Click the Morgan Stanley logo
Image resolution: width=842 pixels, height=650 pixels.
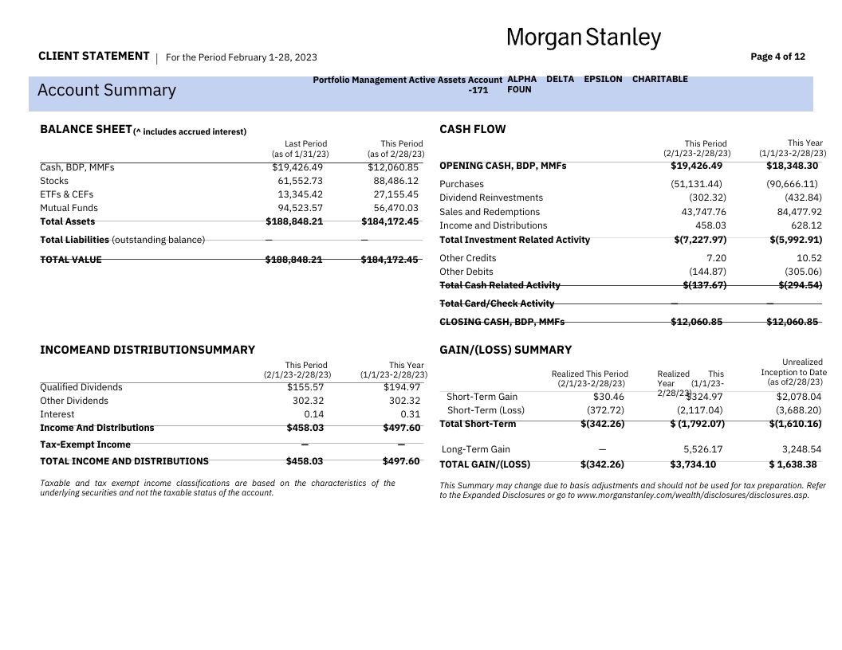[x=584, y=37]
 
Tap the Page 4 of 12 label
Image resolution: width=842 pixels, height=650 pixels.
[x=777, y=57]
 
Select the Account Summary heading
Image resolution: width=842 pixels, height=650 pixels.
[x=107, y=90]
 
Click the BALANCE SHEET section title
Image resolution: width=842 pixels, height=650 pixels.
[x=85, y=129]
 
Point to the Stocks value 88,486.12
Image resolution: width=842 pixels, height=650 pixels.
[x=395, y=181]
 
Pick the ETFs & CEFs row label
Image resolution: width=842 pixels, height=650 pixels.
[x=66, y=194]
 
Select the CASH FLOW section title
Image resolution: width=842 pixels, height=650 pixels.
[x=472, y=129]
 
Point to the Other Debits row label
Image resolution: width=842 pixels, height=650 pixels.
[x=466, y=272]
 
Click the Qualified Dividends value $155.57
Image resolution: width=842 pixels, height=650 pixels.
[x=305, y=387]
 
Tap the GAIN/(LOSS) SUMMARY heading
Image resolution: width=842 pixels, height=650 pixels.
[x=506, y=350]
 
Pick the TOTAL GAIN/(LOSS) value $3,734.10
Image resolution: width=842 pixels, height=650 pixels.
[x=693, y=464]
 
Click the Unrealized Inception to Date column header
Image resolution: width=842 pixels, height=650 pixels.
[x=793, y=372]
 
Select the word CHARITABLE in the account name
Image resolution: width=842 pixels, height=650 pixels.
[x=659, y=79]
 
